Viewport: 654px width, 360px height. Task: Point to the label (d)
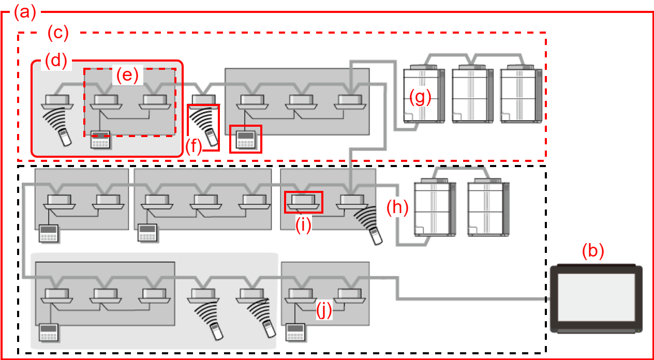tap(56, 61)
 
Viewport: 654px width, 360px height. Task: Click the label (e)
tap(127, 76)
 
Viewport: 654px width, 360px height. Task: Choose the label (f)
tap(194, 146)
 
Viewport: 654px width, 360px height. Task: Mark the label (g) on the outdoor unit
tap(420, 97)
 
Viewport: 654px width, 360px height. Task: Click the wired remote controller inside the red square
tap(245, 139)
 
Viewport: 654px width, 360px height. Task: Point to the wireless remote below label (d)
tap(65, 137)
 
